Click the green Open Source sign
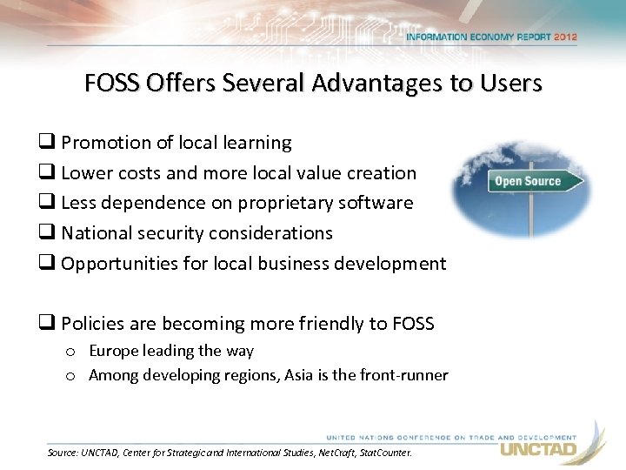528,181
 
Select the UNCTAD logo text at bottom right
537,449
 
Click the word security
173,233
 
